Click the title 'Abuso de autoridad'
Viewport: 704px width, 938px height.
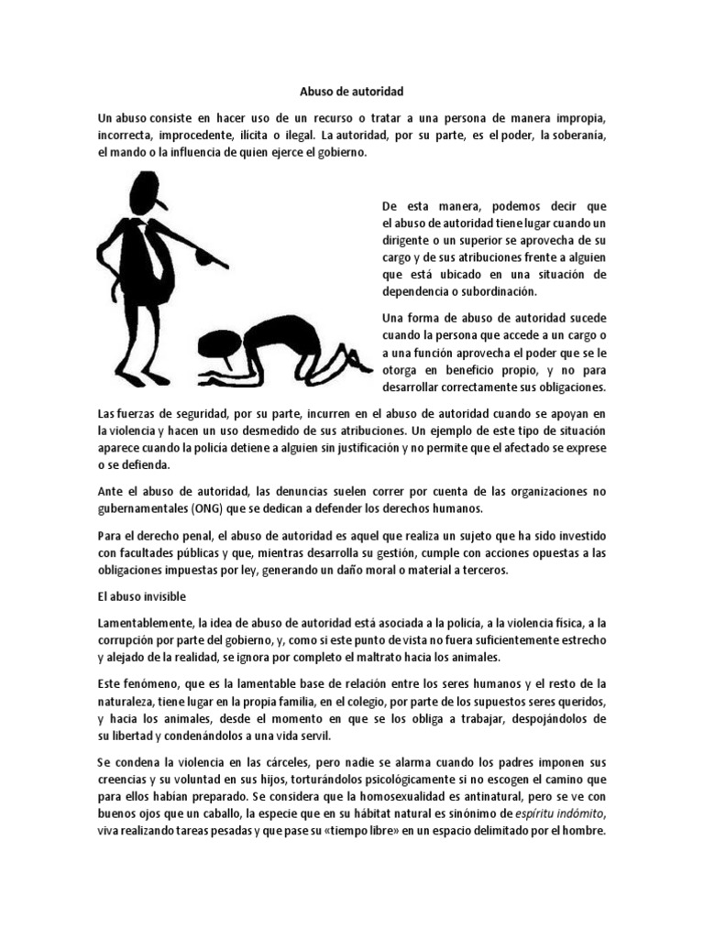coord(352,92)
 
